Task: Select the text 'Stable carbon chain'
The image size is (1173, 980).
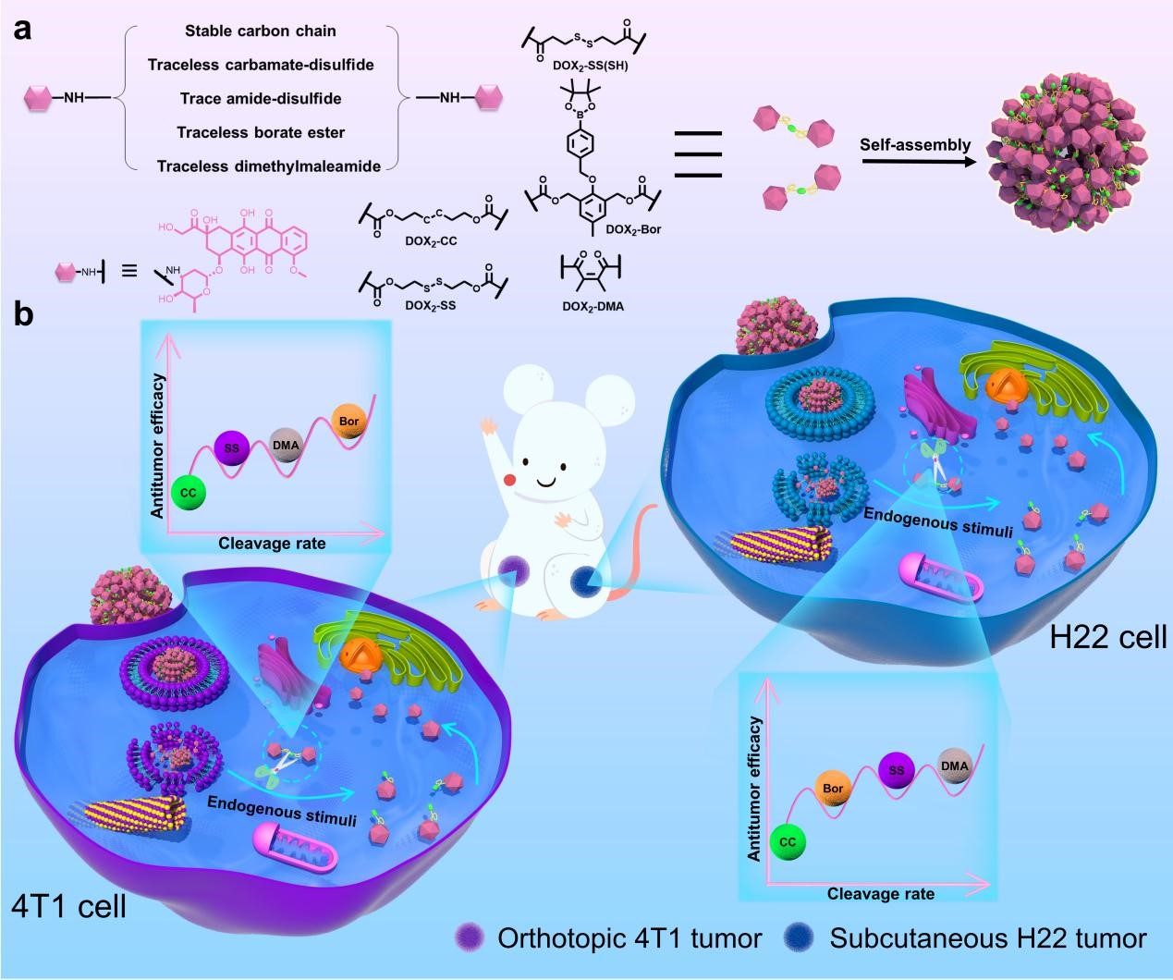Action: pos(261,31)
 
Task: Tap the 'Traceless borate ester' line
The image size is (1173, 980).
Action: pos(261,132)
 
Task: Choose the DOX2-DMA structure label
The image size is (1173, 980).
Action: pos(592,306)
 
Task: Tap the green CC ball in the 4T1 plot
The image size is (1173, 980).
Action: pos(189,493)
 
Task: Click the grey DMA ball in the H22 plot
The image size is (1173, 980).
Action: pos(954,766)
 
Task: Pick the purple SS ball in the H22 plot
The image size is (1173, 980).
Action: pos(896,769)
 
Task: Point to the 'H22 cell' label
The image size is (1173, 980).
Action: pos(1108,637)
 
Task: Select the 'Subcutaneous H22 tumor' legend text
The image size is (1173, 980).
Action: pos(988,939)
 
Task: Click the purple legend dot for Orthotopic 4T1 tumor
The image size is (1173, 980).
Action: pos(470,939)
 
